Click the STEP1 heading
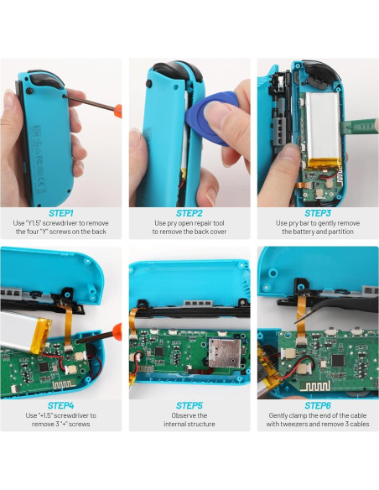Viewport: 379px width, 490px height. (x=61, y=213)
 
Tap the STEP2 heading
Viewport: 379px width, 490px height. (x=189, y=213)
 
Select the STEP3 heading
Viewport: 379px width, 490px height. (x=318, y=213)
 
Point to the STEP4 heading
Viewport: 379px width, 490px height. (x=61, y=405)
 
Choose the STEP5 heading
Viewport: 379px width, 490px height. (x=189, y=405)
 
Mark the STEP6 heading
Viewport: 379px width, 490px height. (x=318, y=405)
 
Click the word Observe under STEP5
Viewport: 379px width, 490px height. (x=189, y=415)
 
